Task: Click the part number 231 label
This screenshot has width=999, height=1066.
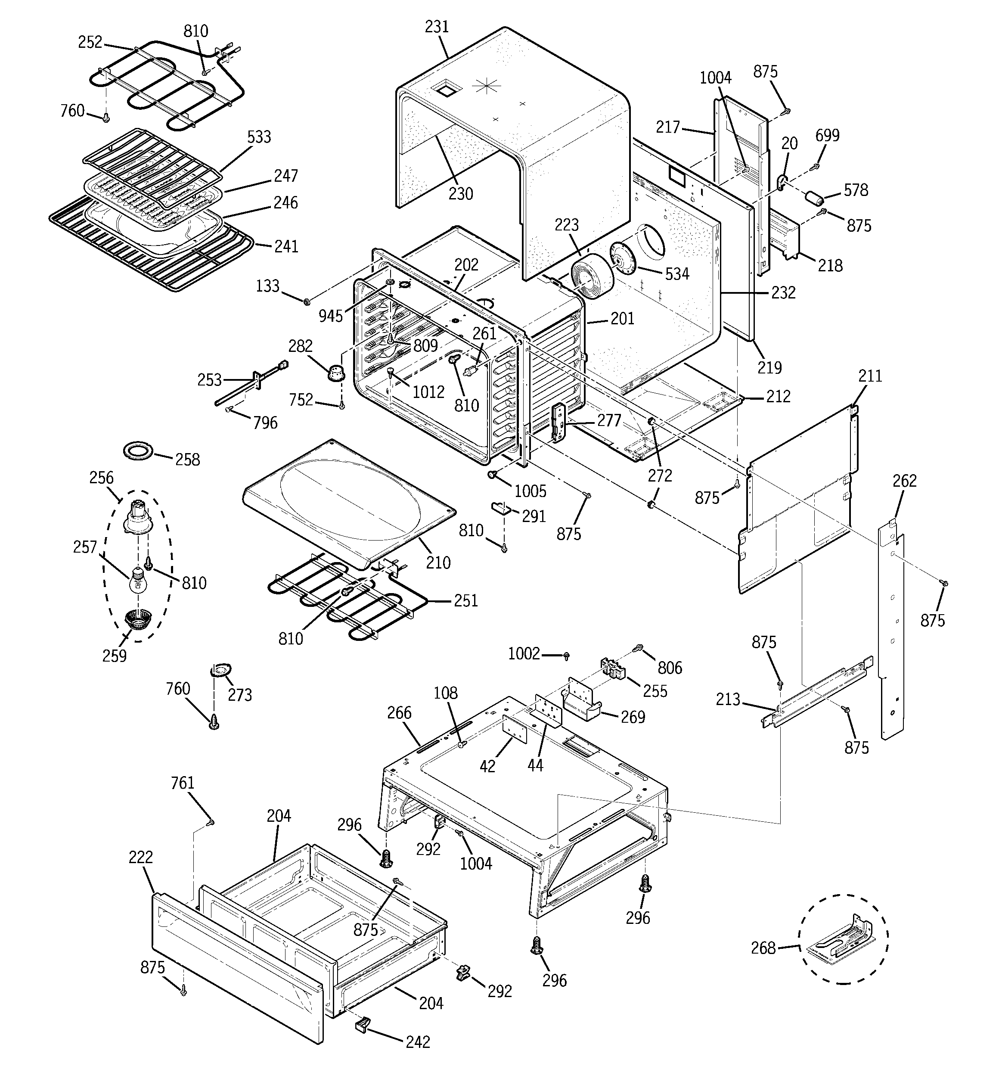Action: pyautogui.click(x=437, y=27)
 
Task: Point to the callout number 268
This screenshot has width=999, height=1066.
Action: pyautogui.click(x=763, y=948)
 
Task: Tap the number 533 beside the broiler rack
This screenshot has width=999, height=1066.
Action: pyautogui.click(x=259, y=137)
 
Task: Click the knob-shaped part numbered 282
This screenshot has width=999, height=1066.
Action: pyautogui.click(x=337, y=372)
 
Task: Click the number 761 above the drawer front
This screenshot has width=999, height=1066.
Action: pyautogui.click(x=182, y=783)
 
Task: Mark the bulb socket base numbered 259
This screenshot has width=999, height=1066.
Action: pyautogui.click(x=138, y=620)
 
